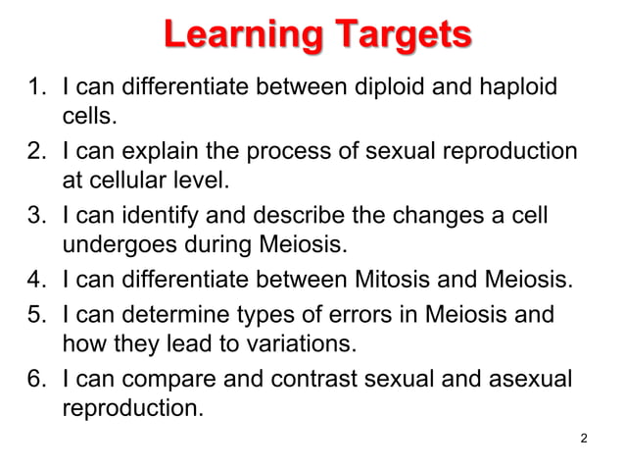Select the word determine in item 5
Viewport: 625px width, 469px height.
click(177, 315)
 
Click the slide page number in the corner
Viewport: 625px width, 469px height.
click(584, 438)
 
